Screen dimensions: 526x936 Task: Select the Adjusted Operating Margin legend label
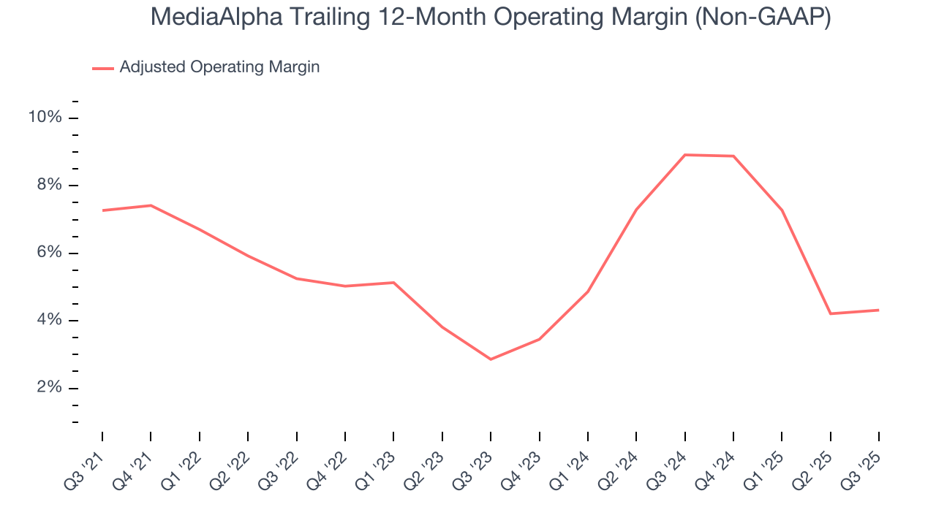(x=219, y=67)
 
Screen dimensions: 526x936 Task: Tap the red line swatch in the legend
(x=103, y=68)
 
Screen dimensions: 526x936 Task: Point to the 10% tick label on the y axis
(x=45, y=118)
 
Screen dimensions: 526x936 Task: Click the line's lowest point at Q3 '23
(x=491, y=359)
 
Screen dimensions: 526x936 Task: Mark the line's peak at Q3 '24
(x=684, y=155)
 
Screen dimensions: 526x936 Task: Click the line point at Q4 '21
(x=151, y=205)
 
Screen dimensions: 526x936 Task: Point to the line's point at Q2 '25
(x=830, y=313)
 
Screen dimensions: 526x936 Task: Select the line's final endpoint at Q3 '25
(x=878, y=310)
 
